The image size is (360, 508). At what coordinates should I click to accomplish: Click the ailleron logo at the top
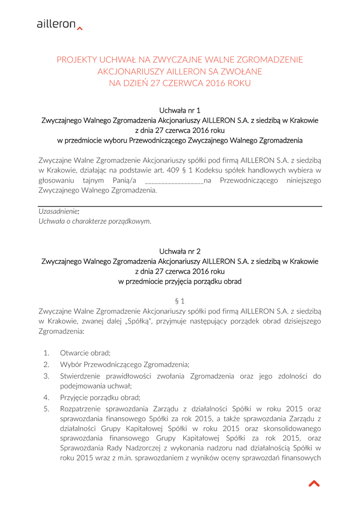tap(59, 24)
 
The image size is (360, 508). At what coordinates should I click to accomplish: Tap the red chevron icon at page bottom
tap(314, 483)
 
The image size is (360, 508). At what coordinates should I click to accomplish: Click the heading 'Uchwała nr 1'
tap(179, 110)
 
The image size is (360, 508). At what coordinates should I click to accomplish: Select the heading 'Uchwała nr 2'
tap(179, 251)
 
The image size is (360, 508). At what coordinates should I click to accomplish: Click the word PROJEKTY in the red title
tap(76, 60)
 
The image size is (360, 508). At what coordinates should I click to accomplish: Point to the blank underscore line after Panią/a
tap(174, 181)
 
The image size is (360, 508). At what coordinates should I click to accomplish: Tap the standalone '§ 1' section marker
tap(180, 301)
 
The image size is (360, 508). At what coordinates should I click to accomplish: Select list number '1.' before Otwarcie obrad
tap(47, 353)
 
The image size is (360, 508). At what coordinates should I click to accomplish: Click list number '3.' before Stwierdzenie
tap(47, 376)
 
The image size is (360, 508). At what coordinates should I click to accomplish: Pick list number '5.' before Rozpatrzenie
tap(47, 409)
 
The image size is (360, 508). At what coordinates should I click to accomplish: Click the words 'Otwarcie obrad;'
tap(85, 353)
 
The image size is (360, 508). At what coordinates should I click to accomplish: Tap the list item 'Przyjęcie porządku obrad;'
tap(100, 397)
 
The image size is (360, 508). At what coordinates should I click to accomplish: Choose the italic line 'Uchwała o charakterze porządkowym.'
tap(95, 221)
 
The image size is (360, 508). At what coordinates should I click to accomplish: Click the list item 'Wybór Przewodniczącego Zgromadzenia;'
tap(125, 365)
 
